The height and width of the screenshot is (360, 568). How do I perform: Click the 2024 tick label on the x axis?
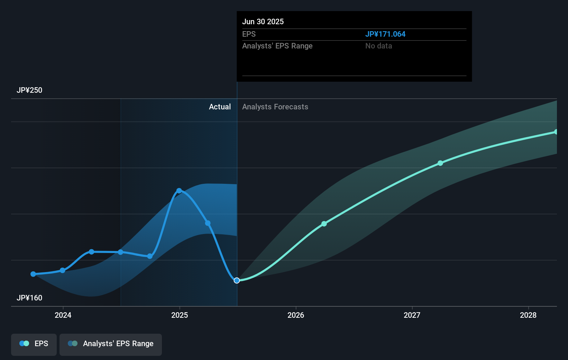63,315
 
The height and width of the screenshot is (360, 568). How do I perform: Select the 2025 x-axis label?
180,315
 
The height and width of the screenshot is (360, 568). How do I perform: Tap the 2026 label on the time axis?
296,315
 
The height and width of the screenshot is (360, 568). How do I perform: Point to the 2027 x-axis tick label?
412,315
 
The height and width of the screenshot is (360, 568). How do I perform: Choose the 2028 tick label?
528,315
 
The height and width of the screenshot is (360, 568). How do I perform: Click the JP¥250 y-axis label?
29,90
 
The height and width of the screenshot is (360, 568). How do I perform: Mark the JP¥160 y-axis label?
29,298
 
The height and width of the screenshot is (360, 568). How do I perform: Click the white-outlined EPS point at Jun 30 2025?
237,280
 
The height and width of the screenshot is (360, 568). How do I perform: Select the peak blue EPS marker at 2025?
179,191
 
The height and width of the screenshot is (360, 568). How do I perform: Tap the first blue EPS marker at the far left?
33,274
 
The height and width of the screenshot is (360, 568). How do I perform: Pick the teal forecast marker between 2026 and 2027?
324,224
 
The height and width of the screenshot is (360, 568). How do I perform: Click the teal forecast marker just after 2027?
440,163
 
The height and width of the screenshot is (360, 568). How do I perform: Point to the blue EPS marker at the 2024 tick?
63,270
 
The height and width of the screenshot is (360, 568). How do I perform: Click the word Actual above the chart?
220,107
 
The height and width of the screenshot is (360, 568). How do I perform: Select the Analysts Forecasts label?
275,107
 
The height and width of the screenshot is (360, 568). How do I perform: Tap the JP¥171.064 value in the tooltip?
385,34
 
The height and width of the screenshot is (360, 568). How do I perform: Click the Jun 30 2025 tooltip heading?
263,22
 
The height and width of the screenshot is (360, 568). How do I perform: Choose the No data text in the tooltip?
379,46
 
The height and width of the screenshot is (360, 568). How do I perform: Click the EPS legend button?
34,344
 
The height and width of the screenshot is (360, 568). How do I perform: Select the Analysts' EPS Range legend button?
111,344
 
